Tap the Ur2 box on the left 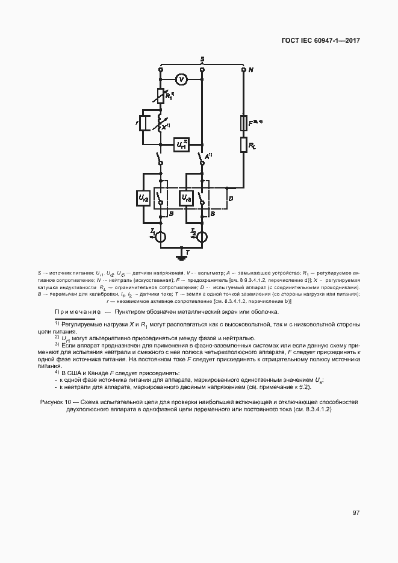[143, 198]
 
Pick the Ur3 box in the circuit [186, 198]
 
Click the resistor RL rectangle [243, 145]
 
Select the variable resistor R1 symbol [161, 95]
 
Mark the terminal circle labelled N [243, 70]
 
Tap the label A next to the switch [208, 157]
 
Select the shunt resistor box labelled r [143, 123]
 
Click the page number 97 [356, 513]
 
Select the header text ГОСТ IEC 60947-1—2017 [320, 42]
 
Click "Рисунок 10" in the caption [55, 401]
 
